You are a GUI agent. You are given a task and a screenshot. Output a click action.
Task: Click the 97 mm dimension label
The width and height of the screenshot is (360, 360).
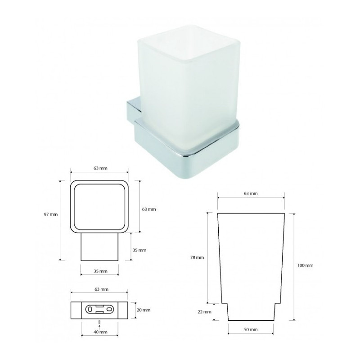51,215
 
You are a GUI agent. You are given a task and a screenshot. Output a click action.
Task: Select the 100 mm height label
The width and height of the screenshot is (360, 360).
306,265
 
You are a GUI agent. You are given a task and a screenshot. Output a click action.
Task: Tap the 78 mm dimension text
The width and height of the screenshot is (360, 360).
197,257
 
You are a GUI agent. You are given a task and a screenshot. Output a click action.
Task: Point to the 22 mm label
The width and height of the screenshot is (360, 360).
204,312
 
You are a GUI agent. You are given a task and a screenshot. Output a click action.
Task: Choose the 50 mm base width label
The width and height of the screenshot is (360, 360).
251,329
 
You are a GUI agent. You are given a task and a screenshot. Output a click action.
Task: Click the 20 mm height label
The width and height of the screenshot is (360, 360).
144,310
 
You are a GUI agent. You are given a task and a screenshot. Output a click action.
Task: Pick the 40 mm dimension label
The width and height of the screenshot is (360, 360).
100,332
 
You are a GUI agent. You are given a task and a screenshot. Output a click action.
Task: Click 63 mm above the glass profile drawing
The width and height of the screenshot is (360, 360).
251,193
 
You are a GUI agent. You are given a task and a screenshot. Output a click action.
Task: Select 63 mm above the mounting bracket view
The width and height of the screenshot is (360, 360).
102,289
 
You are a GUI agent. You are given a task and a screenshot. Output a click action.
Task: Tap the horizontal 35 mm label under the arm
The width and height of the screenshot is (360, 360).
100,271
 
